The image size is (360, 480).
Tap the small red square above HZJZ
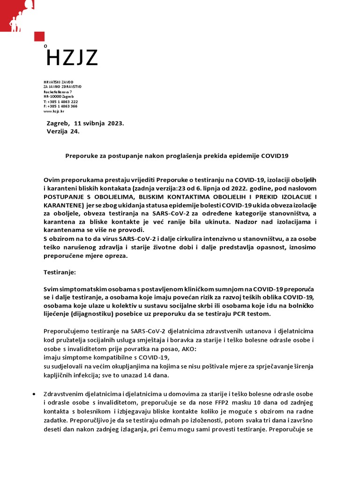[x=39, y=37]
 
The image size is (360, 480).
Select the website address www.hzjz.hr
[x=54, y=112]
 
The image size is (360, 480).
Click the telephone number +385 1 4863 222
[x=60, y=102]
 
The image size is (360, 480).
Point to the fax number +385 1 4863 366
[x=60, y=106]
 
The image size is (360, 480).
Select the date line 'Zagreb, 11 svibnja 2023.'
[x=85, y=123]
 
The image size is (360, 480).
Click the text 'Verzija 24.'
[x=63, y=132]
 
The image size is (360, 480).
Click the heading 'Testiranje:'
[x=60, y=271]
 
